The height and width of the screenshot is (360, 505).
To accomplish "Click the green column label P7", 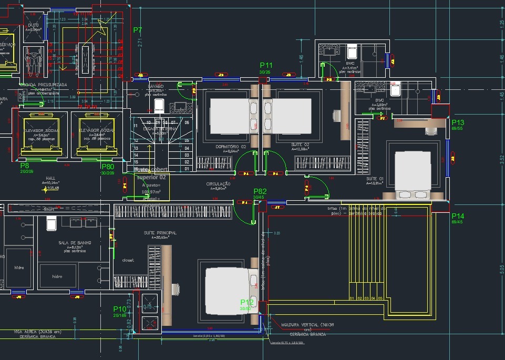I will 138,30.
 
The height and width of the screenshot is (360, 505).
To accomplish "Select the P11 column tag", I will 266,66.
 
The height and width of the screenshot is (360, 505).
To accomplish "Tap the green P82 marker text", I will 260,191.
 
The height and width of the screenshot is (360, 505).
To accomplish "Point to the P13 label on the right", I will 458,122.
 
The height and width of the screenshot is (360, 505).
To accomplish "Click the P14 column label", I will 458,216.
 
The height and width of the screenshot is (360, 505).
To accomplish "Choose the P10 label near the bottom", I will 120,309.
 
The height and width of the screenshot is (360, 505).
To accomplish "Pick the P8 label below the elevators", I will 25,166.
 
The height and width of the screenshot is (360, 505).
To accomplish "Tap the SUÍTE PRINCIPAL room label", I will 160,232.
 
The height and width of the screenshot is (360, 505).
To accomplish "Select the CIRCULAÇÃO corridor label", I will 218,184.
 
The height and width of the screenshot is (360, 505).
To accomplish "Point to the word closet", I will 128,260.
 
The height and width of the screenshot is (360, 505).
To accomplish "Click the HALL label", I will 50,178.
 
